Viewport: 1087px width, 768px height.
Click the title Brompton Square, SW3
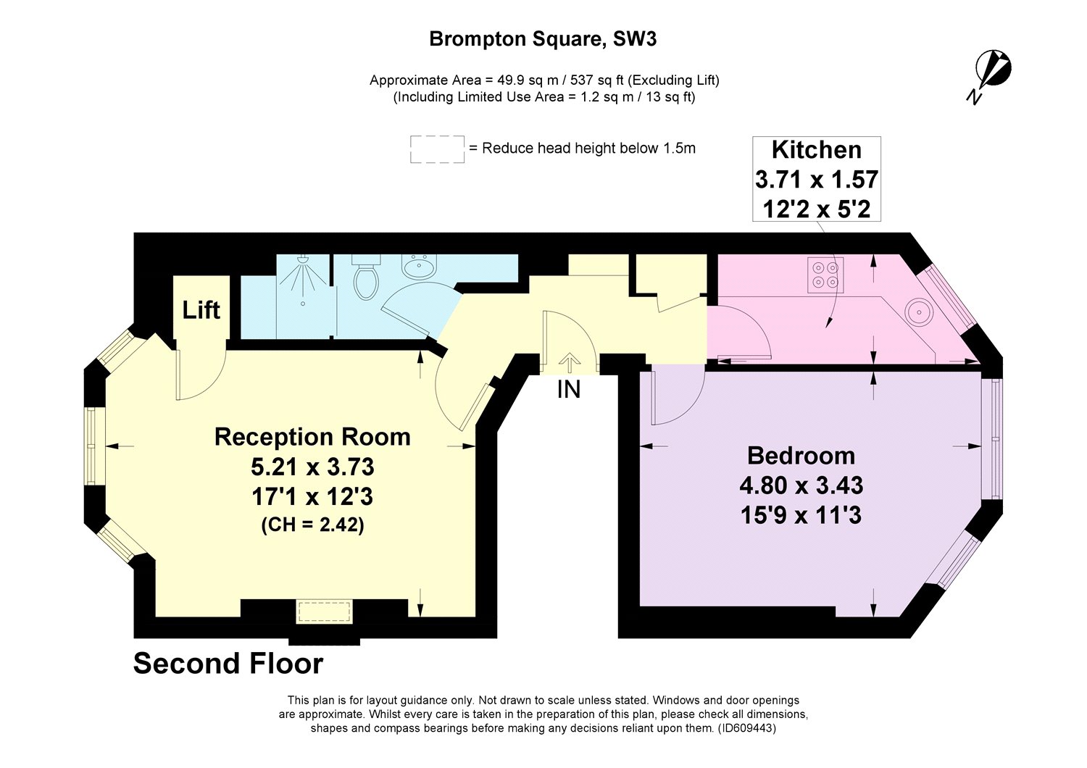pyautogui.click(x=543, y=39)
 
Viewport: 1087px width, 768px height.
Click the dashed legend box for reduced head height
pyautogui.click(x=437, y=149)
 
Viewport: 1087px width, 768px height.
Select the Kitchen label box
pyautogui.click(x=817, y=179)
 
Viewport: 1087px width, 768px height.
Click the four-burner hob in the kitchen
pyautogui.click(x=825, y=275)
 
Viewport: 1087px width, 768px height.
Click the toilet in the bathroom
pyautogui.click(x=365, y=280)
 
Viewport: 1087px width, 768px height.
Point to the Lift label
pyautogui.click(x=201, y=310)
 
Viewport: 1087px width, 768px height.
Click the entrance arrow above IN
pyautogui.click(x=570, y=362)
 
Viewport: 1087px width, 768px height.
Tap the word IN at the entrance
pyautogui.click(x=569, y=390)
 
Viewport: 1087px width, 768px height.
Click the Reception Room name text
pyautogui.click(x=312, y=437)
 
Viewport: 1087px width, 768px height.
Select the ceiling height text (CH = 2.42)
pyautogui.click(x=312, y=525)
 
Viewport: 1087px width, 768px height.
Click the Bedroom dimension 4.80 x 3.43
pyautogui.click(x=801, y=485)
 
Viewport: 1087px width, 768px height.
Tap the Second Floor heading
pyautogui.click(x=228, y=664)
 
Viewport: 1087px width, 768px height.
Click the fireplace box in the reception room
pyautogui.click(x=324, y=612)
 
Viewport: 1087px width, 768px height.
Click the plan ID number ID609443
pyautogui.click(x=746, y=728)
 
